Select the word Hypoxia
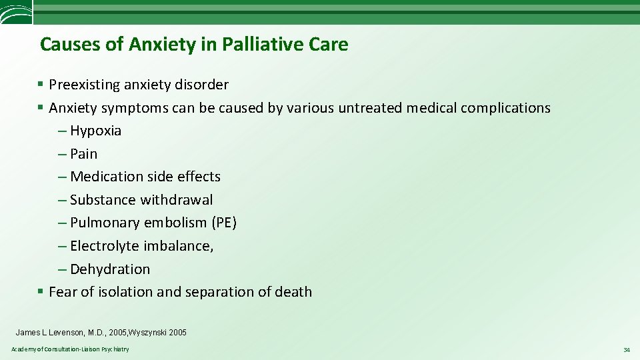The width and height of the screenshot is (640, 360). click(x=95, y=131)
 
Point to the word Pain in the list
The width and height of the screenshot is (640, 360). click(x=83, y=154)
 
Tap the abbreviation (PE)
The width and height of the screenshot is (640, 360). click(x=224, y=223)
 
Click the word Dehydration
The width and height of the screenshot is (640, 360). click(x=110, y=269)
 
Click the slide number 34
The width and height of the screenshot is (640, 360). click(x=626, y=350)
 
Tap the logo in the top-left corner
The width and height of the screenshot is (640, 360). click(x=16, y=12)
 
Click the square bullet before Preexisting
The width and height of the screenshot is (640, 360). click(x=41, y=85)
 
